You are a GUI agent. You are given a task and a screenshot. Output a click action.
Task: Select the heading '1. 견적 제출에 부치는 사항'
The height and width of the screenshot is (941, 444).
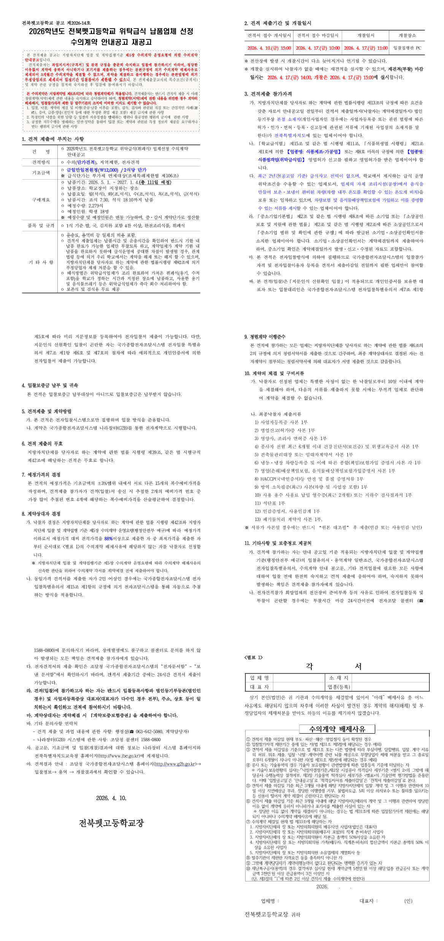coord(53,139)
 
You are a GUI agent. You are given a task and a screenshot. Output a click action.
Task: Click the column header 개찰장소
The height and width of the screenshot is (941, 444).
coord(407,35)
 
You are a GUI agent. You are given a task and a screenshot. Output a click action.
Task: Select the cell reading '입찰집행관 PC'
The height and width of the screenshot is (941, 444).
coord(407,48)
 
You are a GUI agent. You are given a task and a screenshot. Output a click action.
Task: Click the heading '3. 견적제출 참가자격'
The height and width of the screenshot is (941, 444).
coord(268,94)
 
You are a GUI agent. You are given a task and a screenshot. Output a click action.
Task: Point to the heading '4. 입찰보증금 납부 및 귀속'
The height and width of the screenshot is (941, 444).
coord(50,385)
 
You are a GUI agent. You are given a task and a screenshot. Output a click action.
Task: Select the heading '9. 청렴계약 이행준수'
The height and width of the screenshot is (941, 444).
coord(265,337)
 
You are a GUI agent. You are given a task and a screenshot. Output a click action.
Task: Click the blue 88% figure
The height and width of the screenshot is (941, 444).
coord(108,538)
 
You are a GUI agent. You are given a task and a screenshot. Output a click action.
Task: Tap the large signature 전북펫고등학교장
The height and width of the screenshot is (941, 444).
coord(111,823)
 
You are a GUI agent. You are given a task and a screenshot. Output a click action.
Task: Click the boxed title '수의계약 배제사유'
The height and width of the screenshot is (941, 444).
coord(337,729)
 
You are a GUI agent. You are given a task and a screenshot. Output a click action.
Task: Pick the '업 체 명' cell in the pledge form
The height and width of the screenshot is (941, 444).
coord(259,678)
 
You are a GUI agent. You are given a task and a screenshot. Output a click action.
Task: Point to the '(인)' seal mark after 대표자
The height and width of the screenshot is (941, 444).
coord(408,901)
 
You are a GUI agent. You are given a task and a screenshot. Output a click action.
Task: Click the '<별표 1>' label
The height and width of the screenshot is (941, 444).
coord(253,657)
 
